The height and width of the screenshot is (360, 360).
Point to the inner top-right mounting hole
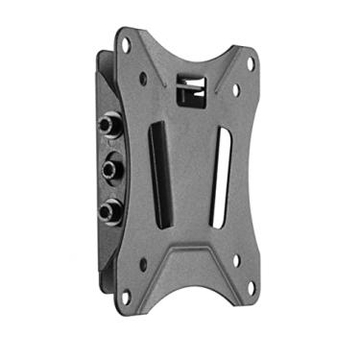(233, 92)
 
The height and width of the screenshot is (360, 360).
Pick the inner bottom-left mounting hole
(143, 261)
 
